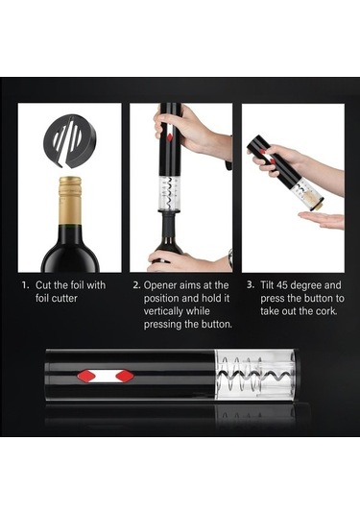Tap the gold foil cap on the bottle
point(70,200)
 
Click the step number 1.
point(25,285)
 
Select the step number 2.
point(136,285)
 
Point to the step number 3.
point(251,284)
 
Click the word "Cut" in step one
point(43,285)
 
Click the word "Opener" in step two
point(160,285)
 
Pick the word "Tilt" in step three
point(267,285)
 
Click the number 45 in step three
point(282,285)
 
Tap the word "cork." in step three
point(326,311)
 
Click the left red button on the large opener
point(85,376)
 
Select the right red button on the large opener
point(125,376)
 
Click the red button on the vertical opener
point(170,137)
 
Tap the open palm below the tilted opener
point(322,220)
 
